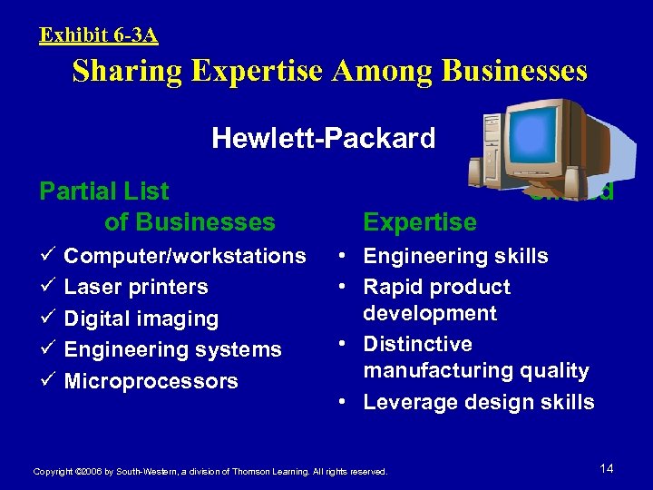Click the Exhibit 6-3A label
99,35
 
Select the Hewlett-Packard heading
324,138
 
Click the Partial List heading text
104,191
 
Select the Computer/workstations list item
184,256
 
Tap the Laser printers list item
136,287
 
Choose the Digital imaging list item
141,318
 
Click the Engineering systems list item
172,349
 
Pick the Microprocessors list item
151,381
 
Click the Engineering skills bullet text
455,256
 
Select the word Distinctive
417,344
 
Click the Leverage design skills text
479,402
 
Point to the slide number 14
607,468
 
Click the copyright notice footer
210,472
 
